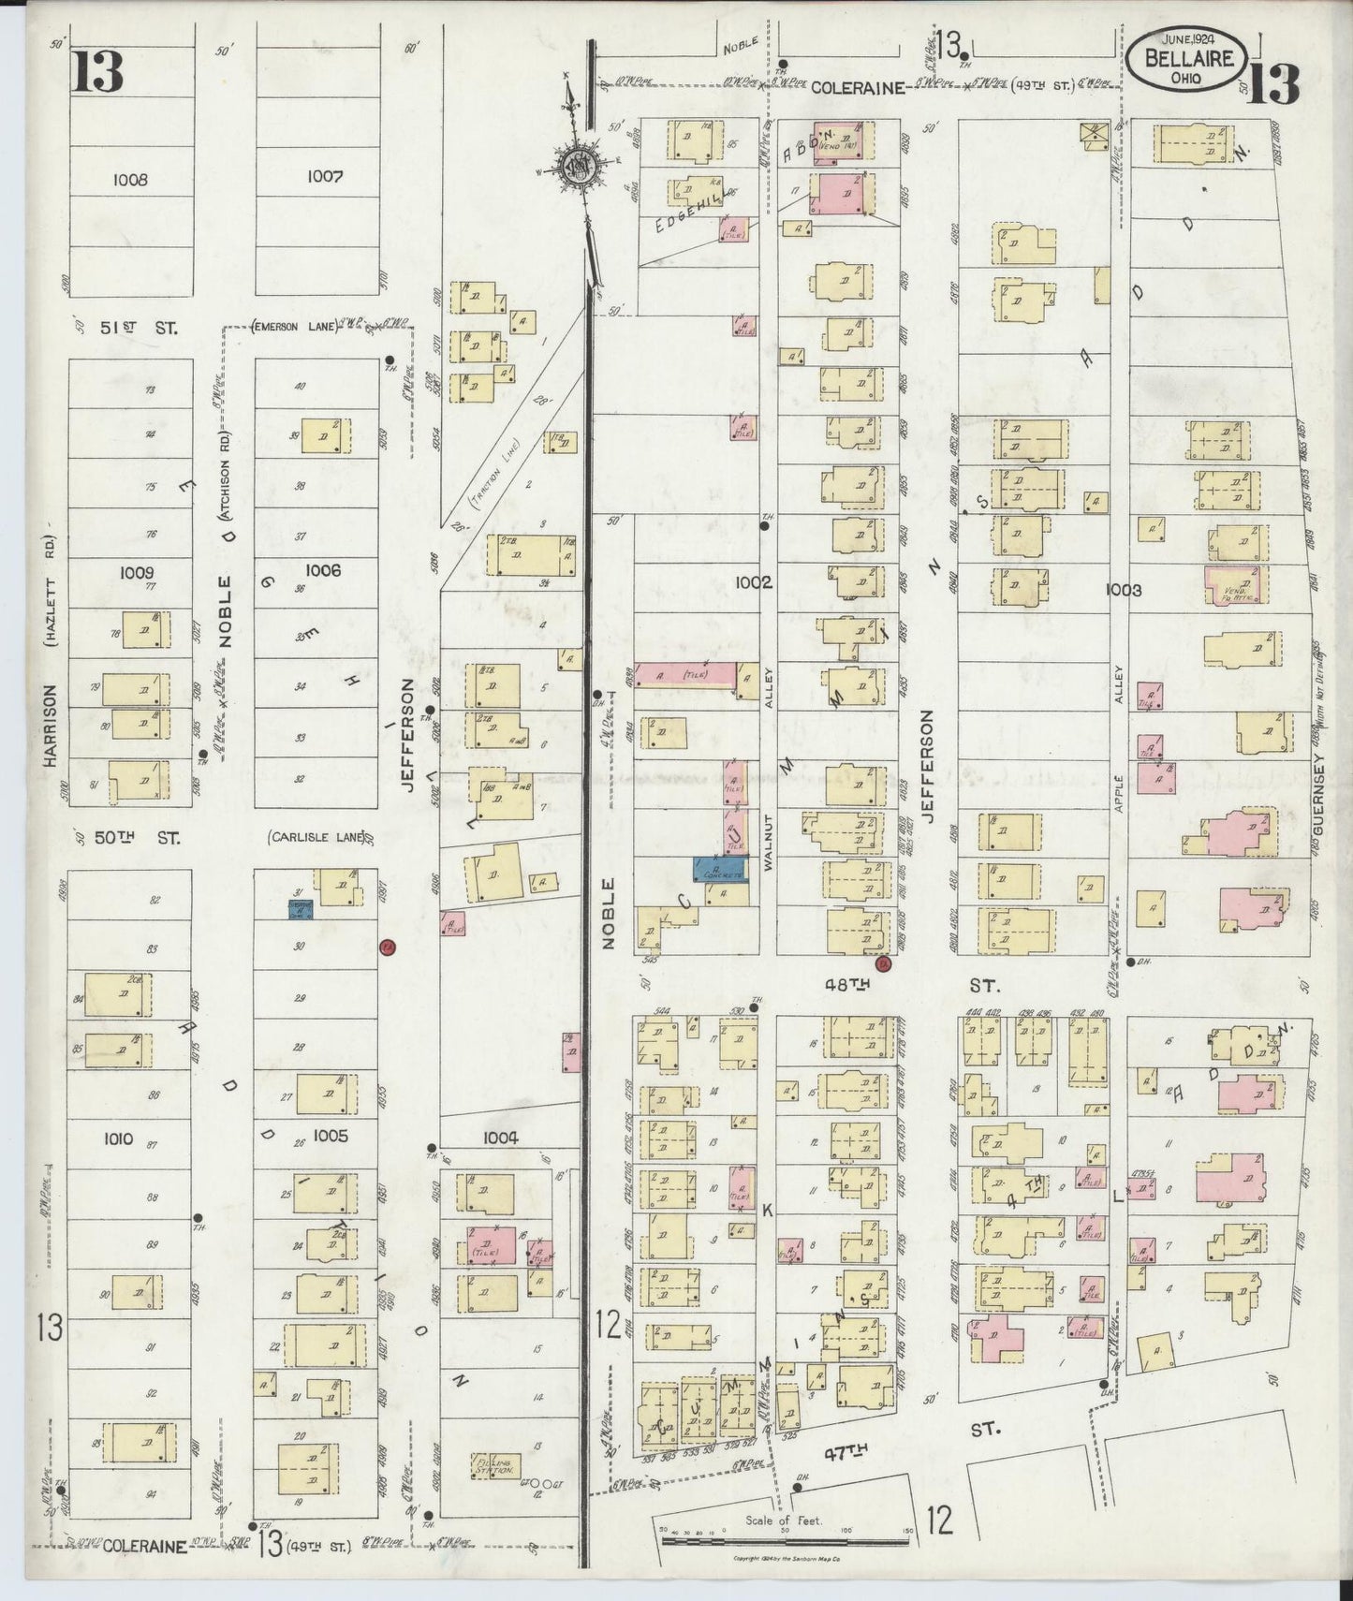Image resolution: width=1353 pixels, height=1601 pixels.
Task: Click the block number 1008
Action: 129,179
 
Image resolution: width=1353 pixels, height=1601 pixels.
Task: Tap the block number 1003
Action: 1123,590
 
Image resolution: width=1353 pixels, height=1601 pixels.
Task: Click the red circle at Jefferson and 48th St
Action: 880,962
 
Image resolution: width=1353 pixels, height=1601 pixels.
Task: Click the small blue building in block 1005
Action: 301,908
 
